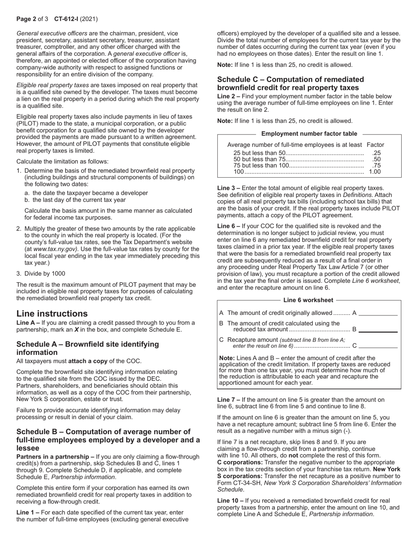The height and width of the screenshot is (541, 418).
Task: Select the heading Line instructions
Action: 52,314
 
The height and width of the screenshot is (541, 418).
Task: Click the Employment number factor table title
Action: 309,134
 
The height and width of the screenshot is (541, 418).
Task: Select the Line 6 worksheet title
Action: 308,300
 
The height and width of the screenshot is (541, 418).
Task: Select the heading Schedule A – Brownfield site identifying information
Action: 88,348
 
